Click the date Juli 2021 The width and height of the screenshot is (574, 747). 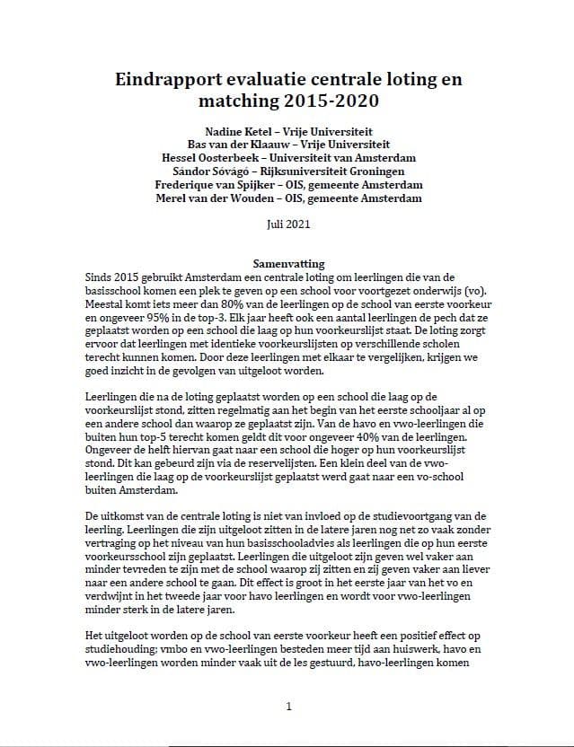click(x=287, y=224)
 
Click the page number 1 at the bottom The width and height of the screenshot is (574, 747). click(x=287, y=707)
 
